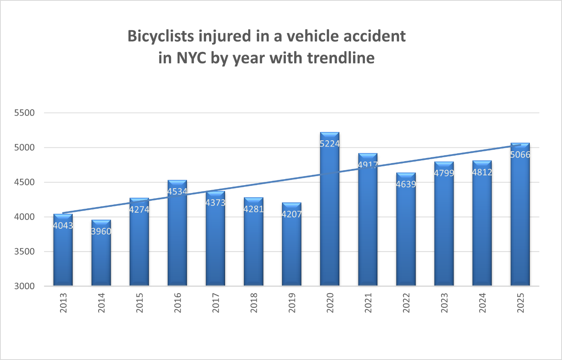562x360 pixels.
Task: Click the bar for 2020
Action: coord(330,212)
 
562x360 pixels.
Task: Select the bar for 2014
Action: coord(101,255)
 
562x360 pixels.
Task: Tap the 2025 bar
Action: coord(520,220)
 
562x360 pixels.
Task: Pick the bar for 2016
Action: coord(177,236)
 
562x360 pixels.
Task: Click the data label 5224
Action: coord(330,144)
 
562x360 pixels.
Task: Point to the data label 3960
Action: coord(101,231)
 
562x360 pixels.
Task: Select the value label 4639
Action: coord(406,184)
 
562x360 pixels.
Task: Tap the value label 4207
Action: coord(291,214)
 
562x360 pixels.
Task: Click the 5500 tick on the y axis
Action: coord(24,113)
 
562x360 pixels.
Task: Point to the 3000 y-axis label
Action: coord(24,286)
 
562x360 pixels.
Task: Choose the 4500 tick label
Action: coord(24,182)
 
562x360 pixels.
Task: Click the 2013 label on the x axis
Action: coord(63,303)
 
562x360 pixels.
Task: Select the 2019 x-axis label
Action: coord(292,303)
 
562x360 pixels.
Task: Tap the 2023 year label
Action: coord(444,303)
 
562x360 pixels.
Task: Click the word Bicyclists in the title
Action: coord(161,36)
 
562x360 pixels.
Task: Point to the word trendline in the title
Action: coord(341,58)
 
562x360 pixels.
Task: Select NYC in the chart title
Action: coord(191,58)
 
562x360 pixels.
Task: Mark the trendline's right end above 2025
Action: coord(520,145)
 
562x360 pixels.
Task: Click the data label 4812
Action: coord(482,173)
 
